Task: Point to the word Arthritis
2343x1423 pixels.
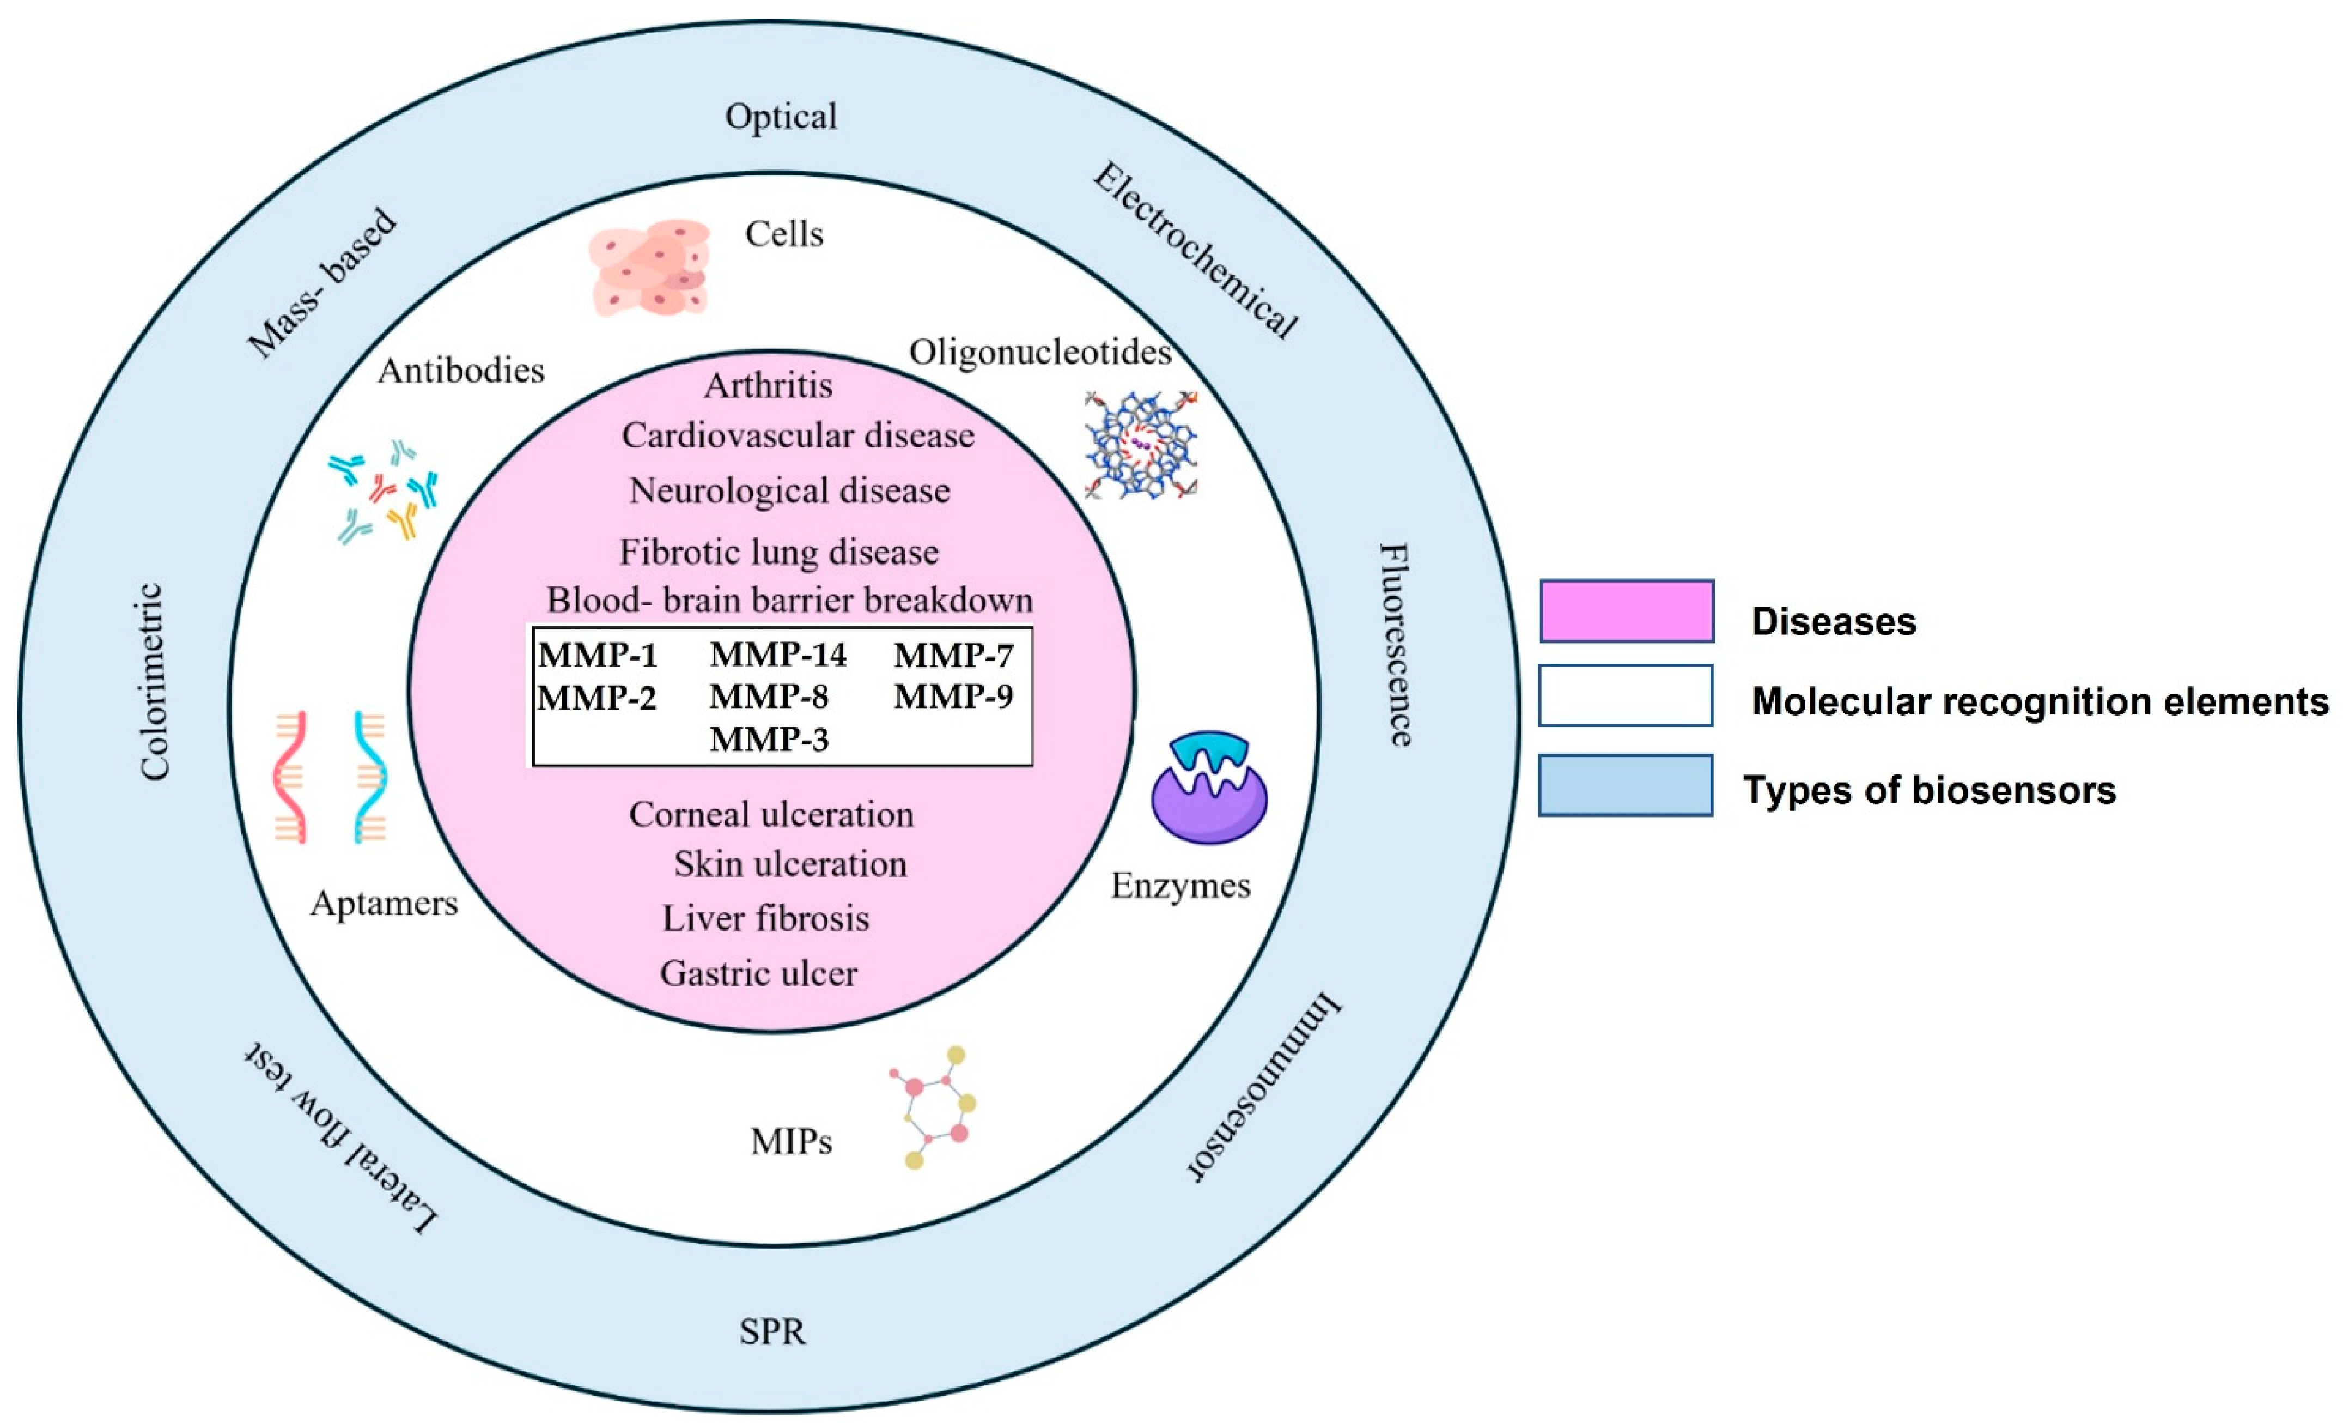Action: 768,385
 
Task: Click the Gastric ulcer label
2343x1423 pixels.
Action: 759,973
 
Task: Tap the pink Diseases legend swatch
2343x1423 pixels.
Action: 1627,610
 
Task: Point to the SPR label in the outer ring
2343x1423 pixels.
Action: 772,1331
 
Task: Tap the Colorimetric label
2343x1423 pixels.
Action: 153,682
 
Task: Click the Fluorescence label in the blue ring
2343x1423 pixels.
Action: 1395,645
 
